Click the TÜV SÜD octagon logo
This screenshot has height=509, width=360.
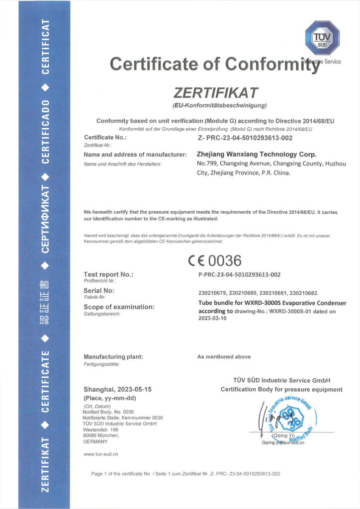click(322, 38)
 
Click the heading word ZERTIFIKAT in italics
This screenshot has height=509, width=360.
click(216, 93)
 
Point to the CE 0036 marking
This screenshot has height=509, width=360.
click(214, 260)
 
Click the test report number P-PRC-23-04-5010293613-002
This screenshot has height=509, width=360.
click(239, 274)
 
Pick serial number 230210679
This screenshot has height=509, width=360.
click(211, 293)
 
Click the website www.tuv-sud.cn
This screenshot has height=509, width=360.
click(100, 454)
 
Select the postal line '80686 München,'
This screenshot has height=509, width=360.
click(101, 435)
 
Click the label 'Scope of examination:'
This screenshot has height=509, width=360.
click(119, 307)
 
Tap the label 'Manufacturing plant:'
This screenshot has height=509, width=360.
click(113, 356)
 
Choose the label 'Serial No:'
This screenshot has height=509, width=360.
click(99, 290)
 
